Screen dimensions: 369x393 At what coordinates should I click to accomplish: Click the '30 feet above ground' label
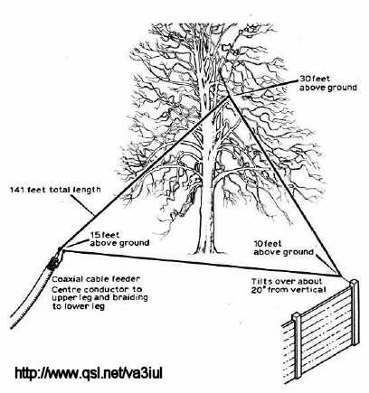click(328, 83)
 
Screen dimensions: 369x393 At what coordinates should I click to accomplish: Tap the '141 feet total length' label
click(55, 190)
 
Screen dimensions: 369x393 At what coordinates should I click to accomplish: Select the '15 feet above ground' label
click(119, 239)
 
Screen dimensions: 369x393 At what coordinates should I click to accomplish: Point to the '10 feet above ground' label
click(283, 248)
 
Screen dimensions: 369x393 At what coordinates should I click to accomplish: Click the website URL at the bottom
click(89, 373)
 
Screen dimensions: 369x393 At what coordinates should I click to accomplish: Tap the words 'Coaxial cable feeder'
click(96, 279)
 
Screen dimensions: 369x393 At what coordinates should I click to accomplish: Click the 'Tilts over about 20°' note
click(289, 285)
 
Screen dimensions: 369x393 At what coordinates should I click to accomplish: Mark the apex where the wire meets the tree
click(229, 97)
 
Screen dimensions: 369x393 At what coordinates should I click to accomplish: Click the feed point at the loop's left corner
click(61, 249)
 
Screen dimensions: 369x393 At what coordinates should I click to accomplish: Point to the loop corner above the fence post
click(341, 276)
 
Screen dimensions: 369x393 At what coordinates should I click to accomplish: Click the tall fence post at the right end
click(355, 313)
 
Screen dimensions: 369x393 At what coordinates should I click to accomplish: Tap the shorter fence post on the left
click(297, 346)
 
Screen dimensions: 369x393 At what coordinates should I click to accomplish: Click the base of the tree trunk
click(207, 250)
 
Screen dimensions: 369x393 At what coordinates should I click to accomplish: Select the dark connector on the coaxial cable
click(53, 263)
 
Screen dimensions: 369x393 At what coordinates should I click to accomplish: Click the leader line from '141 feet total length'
click(84, 205)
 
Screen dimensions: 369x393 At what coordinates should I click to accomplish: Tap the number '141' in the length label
click(17, 191)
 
